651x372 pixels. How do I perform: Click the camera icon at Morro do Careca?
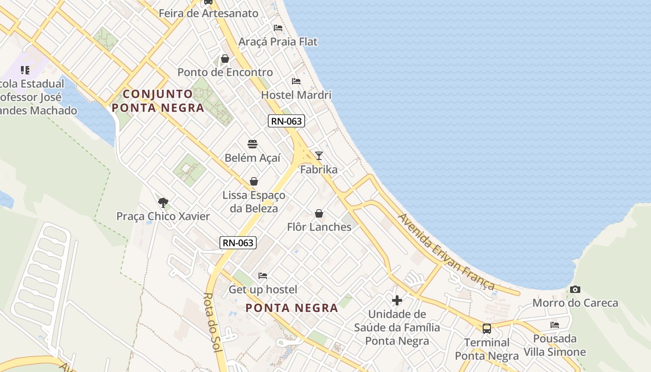pos(575,290)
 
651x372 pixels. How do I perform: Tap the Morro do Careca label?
pos(575,303)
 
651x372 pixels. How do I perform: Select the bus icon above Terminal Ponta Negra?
pos(486,329)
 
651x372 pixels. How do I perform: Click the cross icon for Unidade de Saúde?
pos(397,300)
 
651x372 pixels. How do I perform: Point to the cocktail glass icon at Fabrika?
pos(319,156)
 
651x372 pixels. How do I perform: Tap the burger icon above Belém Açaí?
pos(252,144)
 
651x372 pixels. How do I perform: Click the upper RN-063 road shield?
pos(286,121)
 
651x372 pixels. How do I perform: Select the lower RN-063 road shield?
pos(238,242)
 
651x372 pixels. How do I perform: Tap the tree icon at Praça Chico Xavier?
pos(163,202)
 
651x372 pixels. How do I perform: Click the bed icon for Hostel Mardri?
pos(296,81)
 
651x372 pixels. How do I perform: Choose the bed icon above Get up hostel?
pos(263,276)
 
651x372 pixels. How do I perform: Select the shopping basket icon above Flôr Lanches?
pos(319,213)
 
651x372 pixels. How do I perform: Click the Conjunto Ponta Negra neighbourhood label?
pos(158,101)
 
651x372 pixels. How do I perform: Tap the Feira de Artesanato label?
pos(208,13)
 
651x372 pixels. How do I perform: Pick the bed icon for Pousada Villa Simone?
pos(554,325)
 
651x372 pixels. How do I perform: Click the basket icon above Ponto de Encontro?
pos(225,59)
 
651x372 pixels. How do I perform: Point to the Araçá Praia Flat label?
pos(278,42)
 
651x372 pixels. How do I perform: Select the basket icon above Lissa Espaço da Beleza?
pos(254,181)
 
